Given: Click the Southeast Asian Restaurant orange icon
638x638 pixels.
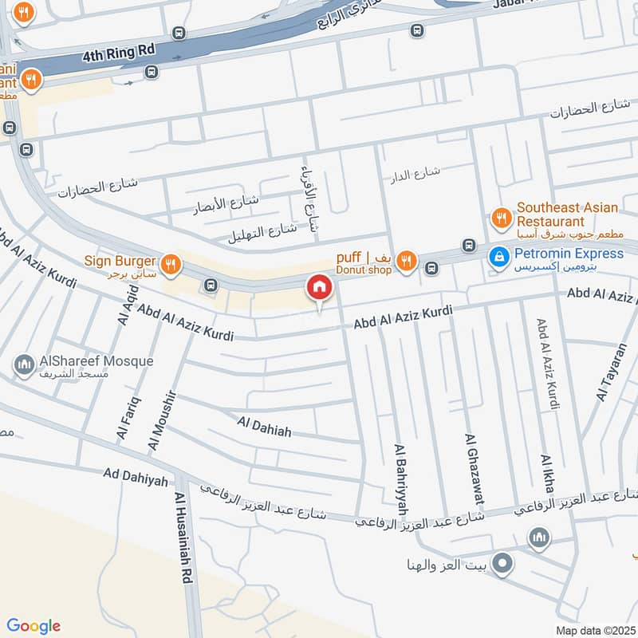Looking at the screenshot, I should (x=501, y=216).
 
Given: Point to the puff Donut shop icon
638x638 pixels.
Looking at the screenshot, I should (x=407, y=260).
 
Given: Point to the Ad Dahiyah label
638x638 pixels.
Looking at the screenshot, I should (x=136, y=477).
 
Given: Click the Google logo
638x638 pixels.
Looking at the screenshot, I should (x=33, y=626).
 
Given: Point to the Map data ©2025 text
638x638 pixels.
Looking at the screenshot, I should (x=594, y=630).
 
